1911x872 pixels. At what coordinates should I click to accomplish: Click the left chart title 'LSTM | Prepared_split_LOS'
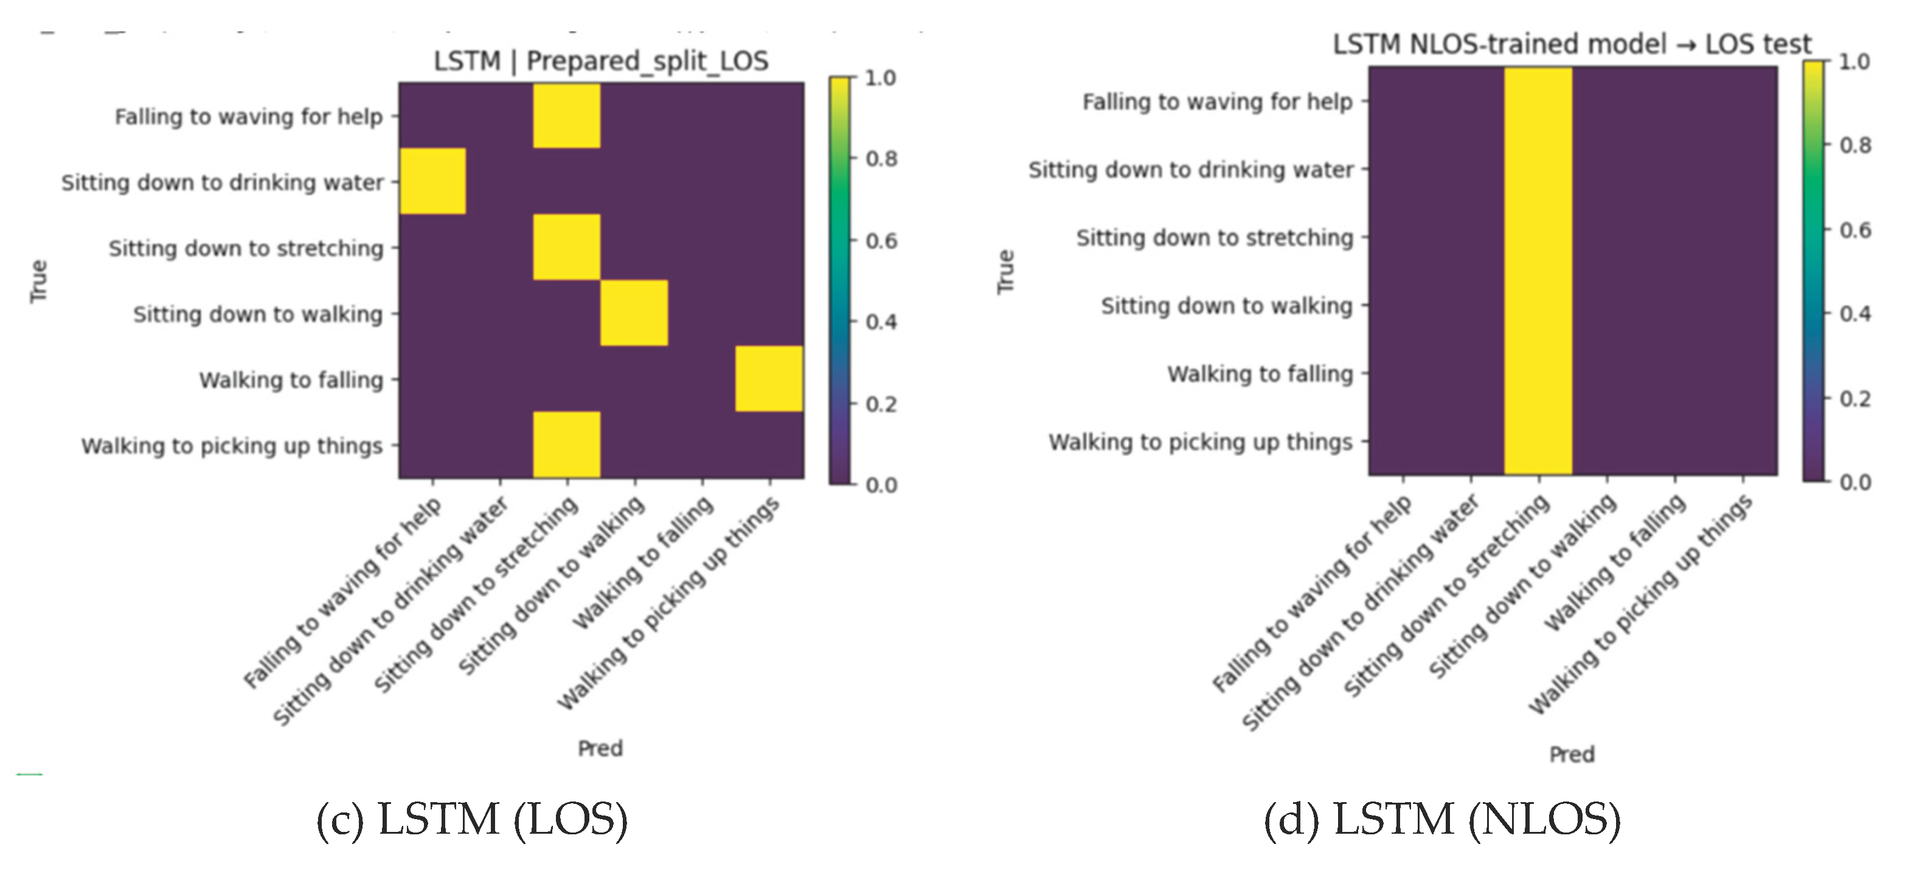coord(601,61)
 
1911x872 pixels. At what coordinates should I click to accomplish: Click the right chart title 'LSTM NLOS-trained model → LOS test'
coord(1571,44)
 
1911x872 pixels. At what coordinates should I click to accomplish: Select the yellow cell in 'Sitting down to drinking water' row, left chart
coord(432,181)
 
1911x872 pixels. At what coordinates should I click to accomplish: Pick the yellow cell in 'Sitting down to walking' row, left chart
coord(634,313)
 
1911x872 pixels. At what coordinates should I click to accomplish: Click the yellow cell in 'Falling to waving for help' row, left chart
coord(567,115)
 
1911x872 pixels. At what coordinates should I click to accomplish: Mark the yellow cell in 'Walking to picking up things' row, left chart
coord(567,444)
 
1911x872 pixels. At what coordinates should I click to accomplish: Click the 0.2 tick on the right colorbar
coord(1854,399)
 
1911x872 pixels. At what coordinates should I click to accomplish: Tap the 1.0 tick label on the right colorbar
coord(1854,61)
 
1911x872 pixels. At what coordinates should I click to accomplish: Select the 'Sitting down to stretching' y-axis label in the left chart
coord(246,248)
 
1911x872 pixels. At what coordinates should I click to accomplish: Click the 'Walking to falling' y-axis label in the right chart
coord(1260,374)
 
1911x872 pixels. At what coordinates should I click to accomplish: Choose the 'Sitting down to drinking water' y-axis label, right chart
coord(1191,170)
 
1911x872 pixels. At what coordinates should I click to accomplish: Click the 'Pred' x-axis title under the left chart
coord(600,748)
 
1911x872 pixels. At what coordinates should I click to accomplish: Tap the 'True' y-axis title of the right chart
coord(1005,272)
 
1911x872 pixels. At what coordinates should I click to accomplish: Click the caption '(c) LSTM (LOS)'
coord(472,820)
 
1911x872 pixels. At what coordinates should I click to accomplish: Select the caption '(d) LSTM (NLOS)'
coord(1442,820)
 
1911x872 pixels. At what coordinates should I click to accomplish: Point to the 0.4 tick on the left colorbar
coord(881,323)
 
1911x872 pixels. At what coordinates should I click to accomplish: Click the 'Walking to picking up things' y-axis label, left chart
coord(232,445)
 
